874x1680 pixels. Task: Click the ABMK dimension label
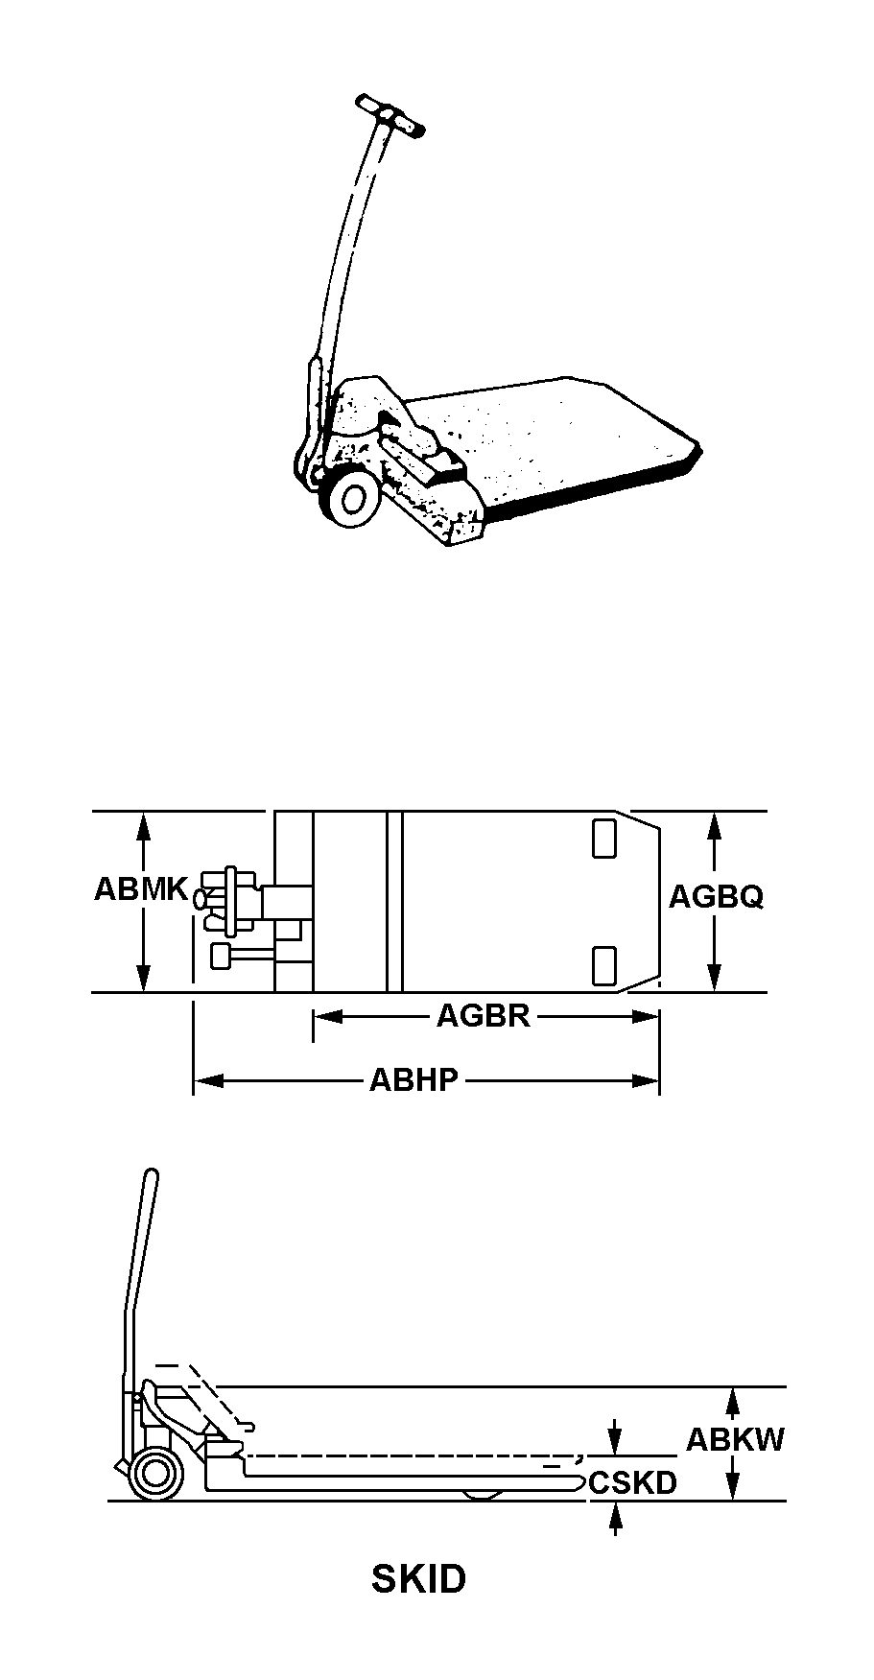140,889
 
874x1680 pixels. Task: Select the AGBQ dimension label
716,896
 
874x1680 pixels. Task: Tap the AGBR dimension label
484,1015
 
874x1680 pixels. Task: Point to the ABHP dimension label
414,1080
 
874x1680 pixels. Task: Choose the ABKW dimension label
735,1439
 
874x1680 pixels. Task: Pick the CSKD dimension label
633,1482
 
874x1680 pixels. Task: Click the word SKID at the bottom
419,1578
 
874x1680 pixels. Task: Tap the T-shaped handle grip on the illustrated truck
390,114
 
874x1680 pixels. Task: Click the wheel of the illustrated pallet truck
350,500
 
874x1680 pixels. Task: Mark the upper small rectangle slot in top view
603,839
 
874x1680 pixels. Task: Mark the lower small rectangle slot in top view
603,964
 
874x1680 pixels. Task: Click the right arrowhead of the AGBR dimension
646,1016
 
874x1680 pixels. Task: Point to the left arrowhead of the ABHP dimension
208,1081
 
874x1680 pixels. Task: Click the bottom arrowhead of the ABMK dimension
143,977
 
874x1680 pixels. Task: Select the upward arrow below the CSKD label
615,1518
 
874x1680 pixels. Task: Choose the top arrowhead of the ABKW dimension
732,1403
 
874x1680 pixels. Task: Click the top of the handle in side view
151,1174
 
